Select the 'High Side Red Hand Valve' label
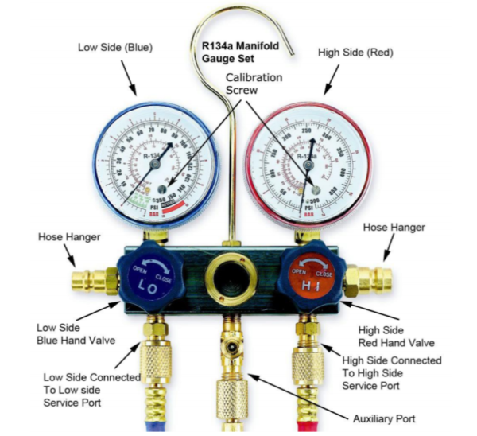coord(398,337)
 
